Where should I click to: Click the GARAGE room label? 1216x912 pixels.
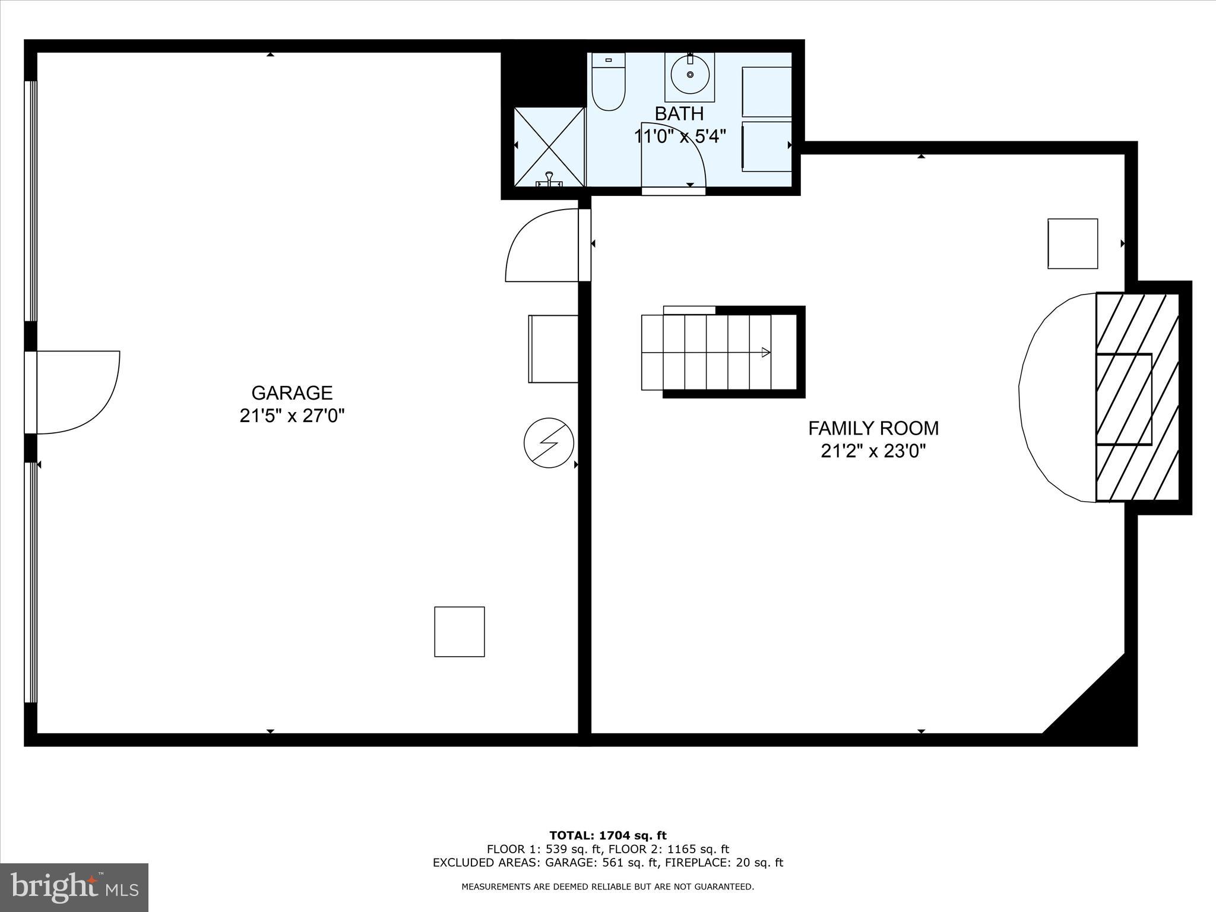pos(292,393)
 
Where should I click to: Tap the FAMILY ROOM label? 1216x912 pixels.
pos(873,428)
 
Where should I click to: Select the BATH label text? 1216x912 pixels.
pos(679,113)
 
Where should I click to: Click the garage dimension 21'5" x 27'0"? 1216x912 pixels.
pos(292,416)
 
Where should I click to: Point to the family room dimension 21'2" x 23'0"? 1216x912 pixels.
pos(873,451)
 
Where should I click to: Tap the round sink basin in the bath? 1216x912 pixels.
pos(690,75)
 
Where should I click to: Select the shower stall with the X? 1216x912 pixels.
pos(549,146)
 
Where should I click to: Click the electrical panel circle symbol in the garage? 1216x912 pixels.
pos(549,442)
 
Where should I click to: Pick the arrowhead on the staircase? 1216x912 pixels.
pos(766,353)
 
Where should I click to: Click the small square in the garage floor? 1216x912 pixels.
pos(460,632)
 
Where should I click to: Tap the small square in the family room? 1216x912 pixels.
pos(1072,243)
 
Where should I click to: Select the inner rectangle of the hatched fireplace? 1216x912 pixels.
pos(1123,399)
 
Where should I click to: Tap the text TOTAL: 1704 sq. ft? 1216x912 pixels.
pos(608,836)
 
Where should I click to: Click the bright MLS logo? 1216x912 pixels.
pos(74,888)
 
